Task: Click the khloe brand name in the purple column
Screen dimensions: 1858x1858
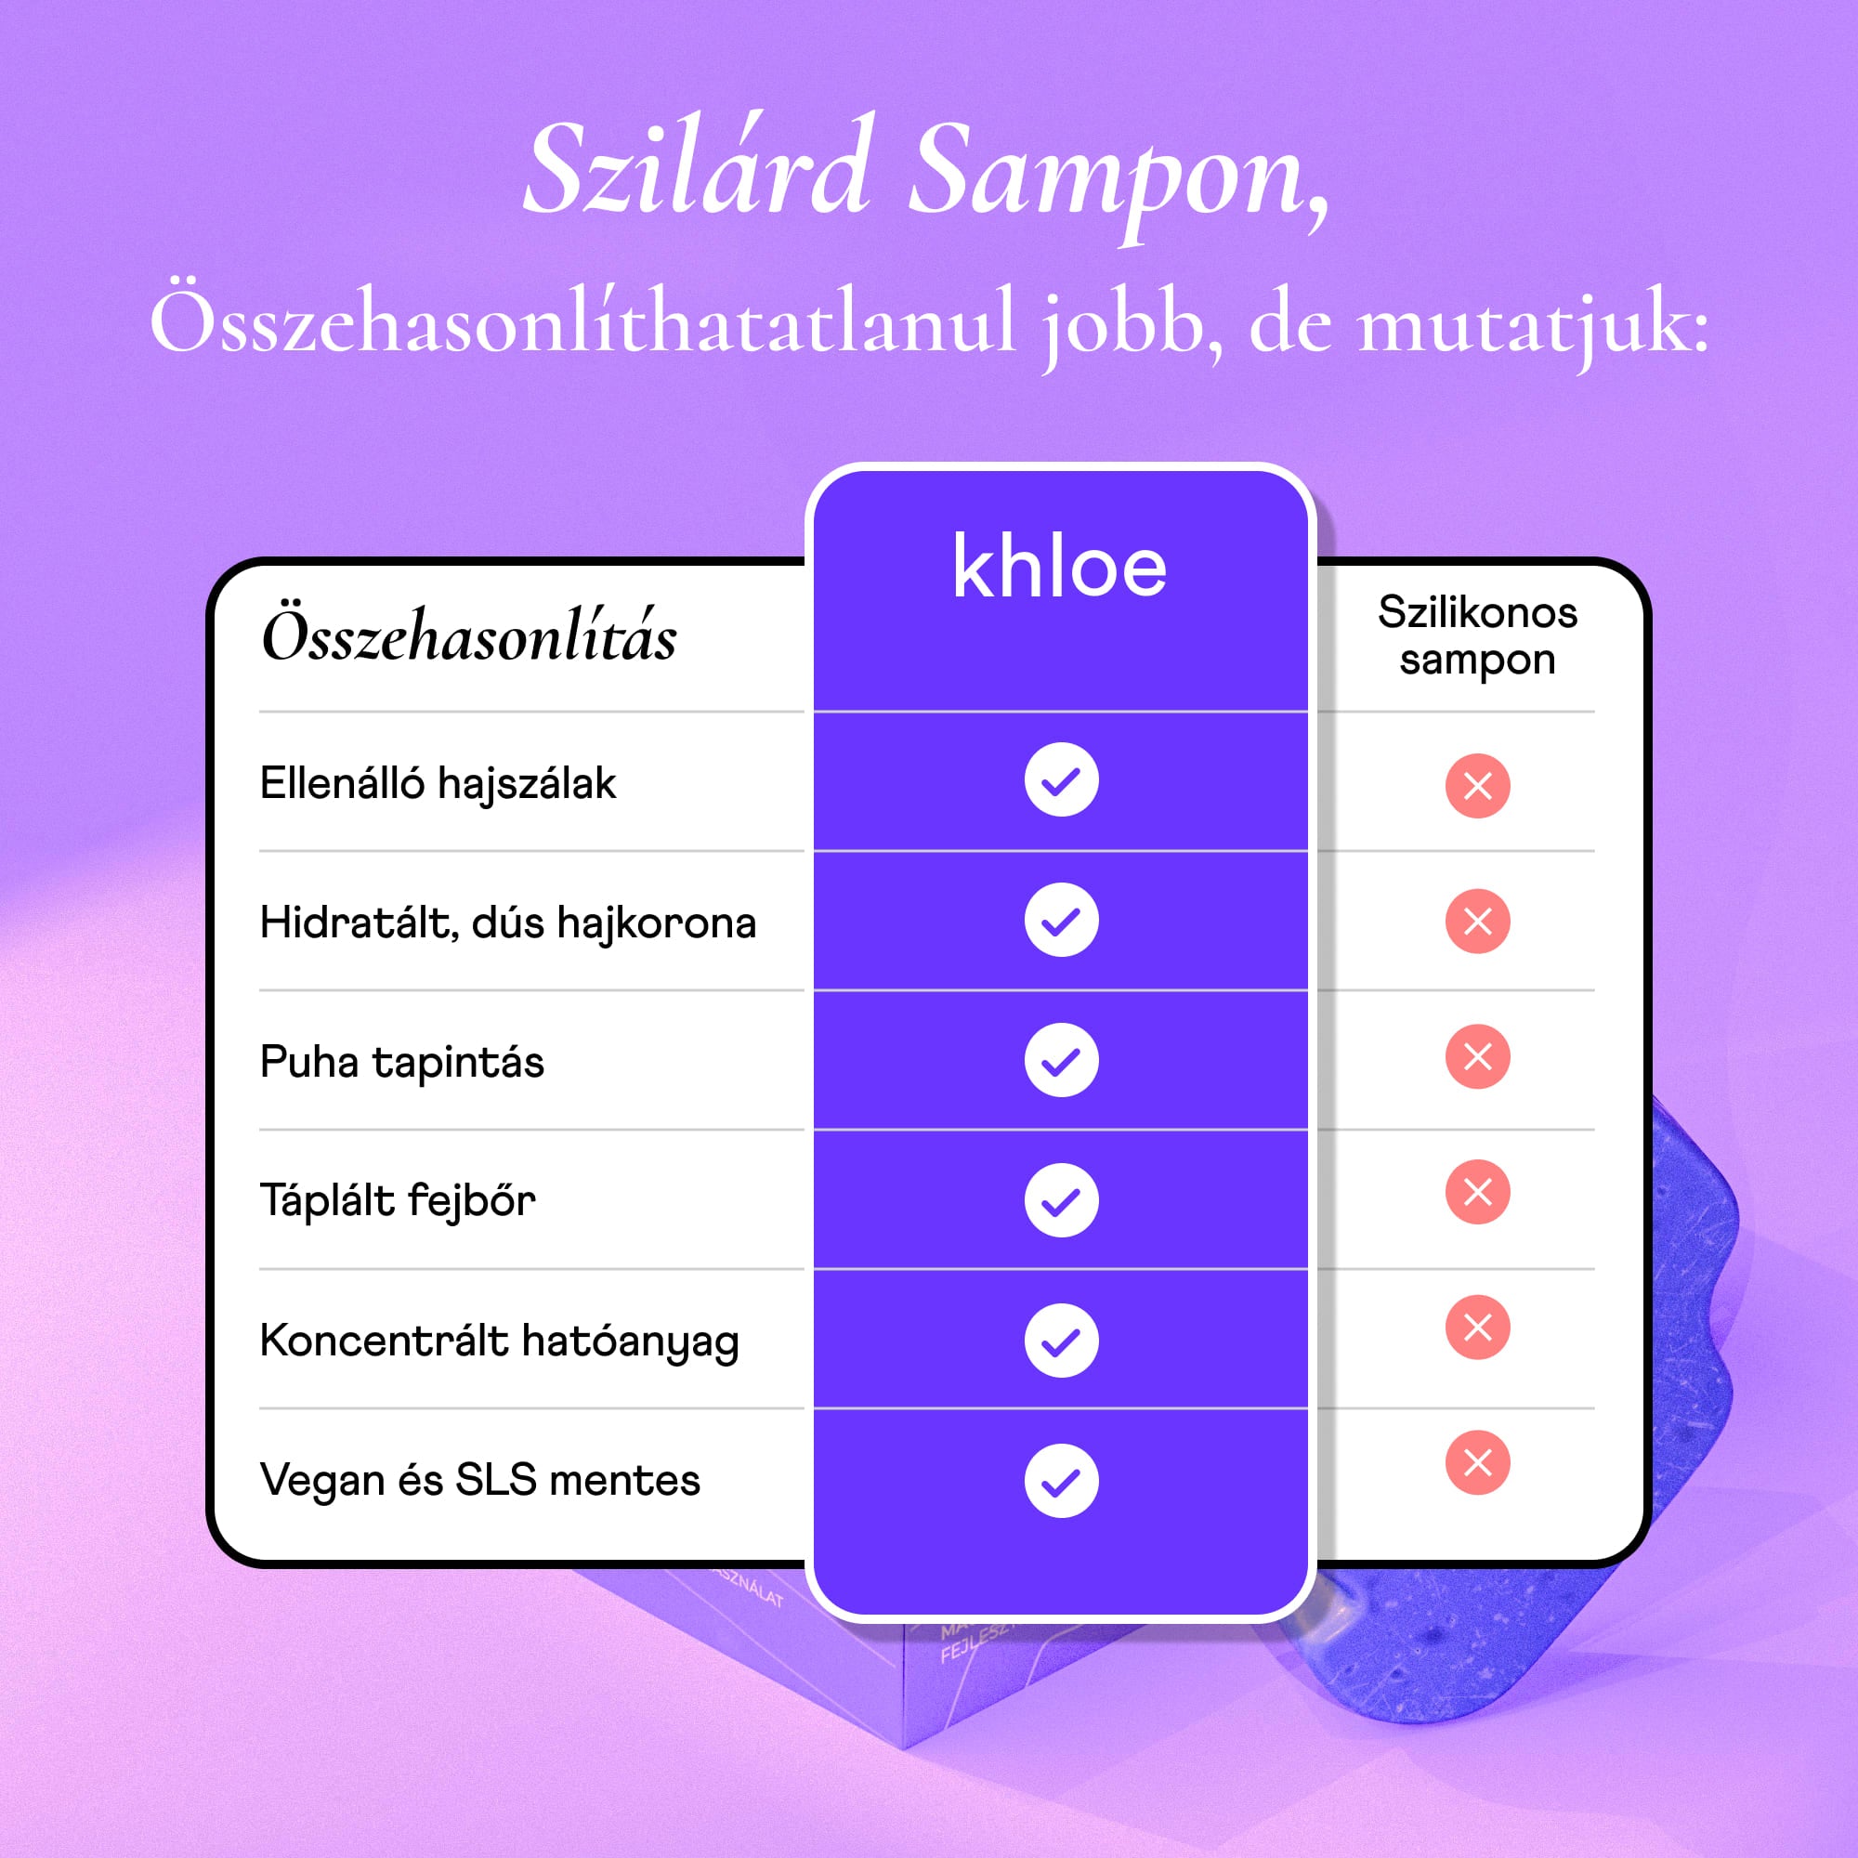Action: tap(1059, 569)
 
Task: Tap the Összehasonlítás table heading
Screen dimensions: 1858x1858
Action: tap(469, 636)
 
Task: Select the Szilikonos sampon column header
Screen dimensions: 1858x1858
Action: tap(1477, 635)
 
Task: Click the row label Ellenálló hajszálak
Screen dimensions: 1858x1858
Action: tap(438, 784)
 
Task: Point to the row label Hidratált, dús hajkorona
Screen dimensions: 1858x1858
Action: tap(508, 923)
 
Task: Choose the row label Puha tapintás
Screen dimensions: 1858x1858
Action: tap(402, 1063)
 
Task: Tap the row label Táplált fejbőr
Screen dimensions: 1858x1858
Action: tap(398, 1201)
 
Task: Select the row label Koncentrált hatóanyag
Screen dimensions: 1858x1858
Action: tap(499, 1341)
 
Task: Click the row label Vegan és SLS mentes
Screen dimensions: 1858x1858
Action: tap(480, 1480)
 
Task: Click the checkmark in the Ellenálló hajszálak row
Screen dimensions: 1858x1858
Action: tap(1061, 780)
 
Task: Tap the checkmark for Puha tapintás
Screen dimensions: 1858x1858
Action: tap(1061, 1060)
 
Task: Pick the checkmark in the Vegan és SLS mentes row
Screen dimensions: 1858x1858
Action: tap(1061, 1481)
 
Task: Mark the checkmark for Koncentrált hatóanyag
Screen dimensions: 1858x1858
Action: tap(1061, 1341)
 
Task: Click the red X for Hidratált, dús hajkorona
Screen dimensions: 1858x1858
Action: tap(1477, 922)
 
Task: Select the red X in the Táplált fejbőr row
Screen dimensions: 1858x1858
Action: tap(1477, 1193)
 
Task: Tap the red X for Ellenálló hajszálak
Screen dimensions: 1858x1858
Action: tap(1477, 786)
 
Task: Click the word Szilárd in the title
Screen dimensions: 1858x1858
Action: tap(698, 168)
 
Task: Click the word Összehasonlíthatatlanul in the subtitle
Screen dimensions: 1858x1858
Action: tap(582, 322)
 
